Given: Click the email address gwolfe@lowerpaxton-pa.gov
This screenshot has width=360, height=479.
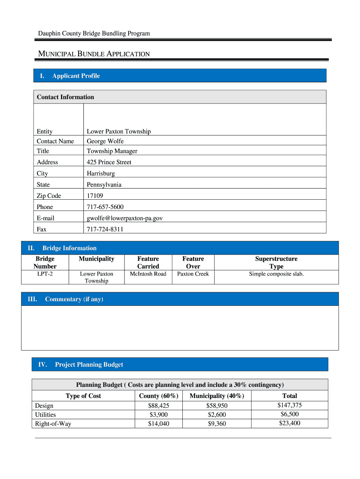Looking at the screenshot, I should click(x=125, y=218).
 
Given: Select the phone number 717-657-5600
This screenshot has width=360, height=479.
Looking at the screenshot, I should click(x=105, y=207).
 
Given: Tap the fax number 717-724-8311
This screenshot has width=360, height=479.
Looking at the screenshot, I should click(x=105, y=230).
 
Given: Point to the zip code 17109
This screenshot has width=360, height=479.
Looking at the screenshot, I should click(x=95, y=196).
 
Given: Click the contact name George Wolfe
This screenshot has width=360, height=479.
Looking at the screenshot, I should click(x=105, y=141).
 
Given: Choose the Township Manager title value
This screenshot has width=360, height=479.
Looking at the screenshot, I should click(x=112, y=151).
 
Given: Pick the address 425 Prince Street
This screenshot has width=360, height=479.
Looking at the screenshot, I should click(x=109, y=162).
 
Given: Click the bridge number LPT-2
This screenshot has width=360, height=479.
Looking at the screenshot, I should click(x=45, y=274).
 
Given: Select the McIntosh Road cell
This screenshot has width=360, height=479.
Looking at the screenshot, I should click(x=148, y=274).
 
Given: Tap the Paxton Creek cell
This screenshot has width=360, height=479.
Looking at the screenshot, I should click(x=193, y=274).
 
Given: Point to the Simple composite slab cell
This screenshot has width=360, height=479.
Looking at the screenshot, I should click(x=276, y=274).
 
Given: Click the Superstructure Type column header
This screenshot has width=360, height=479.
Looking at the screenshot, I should click(x=276, y=262).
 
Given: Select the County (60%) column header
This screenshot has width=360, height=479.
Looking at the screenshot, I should click(x=159, y=396).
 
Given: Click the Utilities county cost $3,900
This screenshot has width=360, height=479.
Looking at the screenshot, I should click(x=159, y=414).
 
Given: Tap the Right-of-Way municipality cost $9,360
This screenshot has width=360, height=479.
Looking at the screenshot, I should click(x=216, y=424).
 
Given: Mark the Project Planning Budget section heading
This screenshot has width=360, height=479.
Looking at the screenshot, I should click(x=89, y=364).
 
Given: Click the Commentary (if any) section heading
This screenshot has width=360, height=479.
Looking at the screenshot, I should click(x=74, y=299).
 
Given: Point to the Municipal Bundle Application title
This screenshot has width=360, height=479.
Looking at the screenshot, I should click(x=94, y=54).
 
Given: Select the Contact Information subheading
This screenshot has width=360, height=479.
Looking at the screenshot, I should click(x=65, y=97).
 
